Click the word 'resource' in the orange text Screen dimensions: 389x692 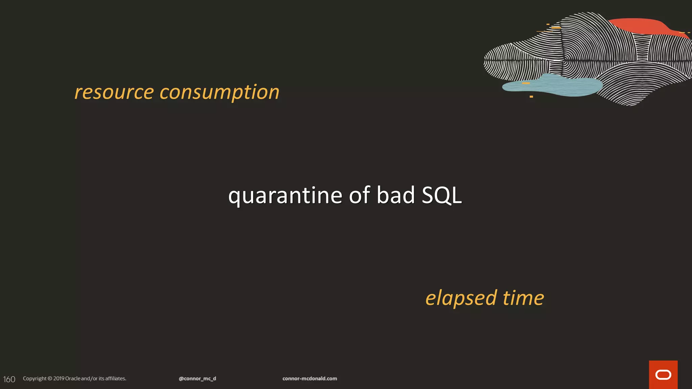(114, 92)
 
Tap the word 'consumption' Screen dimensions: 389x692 (219, 92)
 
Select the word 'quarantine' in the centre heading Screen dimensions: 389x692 (285, 196)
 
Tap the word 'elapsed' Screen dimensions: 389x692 (461, 299)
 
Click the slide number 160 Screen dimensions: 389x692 (9, 379)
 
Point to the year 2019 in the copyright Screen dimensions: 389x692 (59, 379)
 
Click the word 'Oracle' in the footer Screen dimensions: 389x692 (73, 379)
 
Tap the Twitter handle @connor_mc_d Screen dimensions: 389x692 (197, 379)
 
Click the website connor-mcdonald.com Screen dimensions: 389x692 (310, 379)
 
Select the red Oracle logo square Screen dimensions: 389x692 (663, 374)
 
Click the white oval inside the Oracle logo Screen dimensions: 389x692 (663, 375)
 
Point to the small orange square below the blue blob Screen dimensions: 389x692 (531, 97)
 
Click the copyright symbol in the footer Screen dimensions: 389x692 (50, 379)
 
